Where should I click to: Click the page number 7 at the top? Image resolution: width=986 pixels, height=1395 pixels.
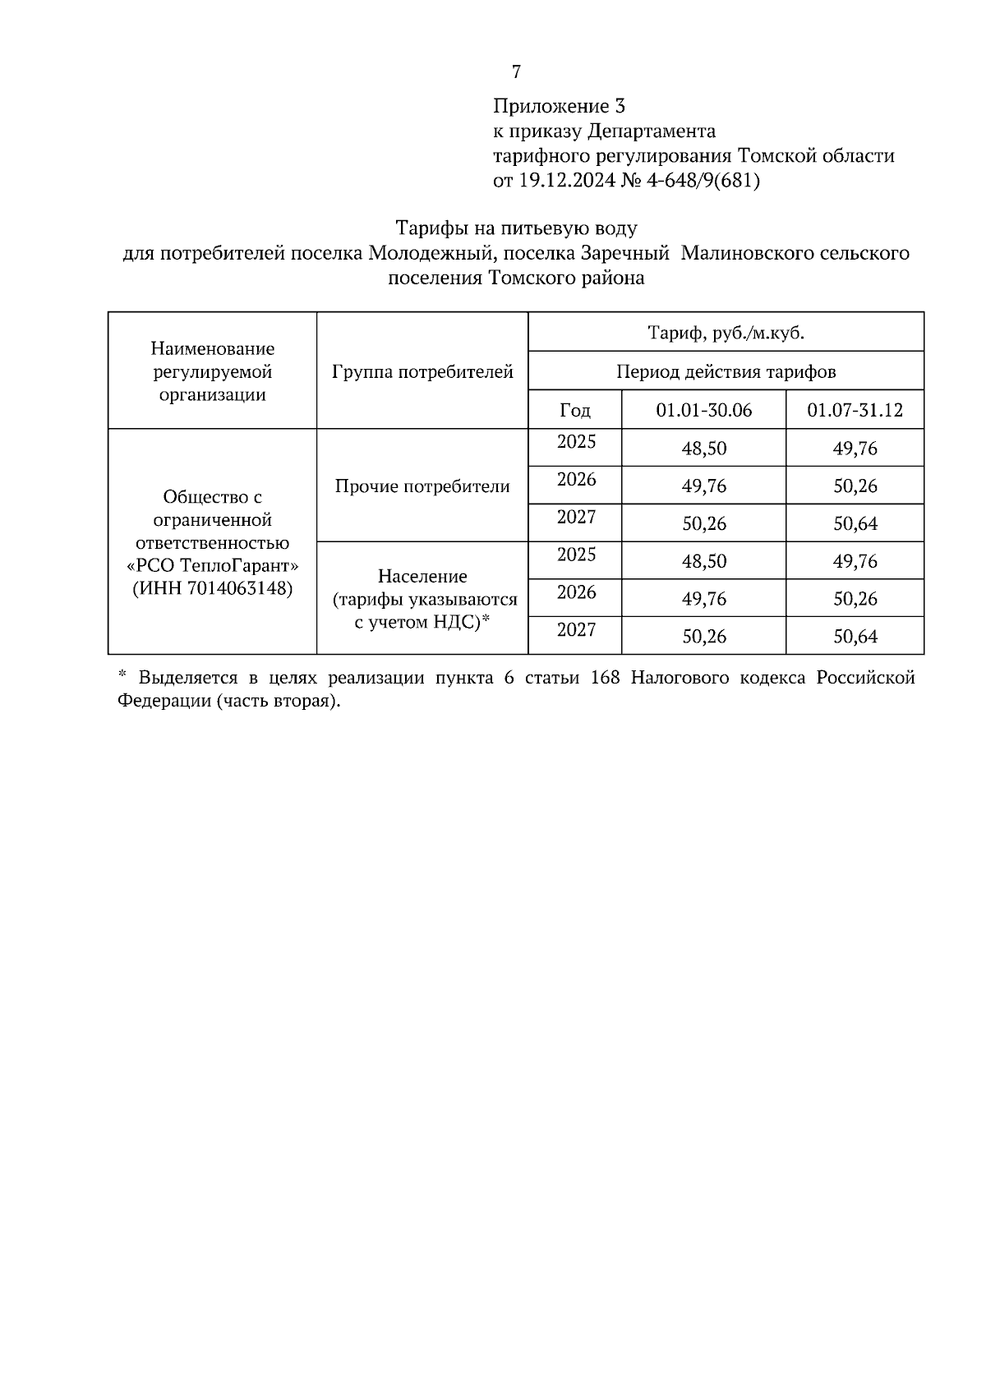coord(516,72)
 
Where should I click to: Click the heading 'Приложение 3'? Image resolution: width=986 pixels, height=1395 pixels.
coord(559,106)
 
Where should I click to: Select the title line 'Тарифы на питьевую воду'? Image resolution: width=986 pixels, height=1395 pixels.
coord(516,228)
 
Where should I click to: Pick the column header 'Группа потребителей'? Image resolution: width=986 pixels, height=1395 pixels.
coord(422,371)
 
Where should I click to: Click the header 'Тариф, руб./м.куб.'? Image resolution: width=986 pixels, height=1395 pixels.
coord(726,333)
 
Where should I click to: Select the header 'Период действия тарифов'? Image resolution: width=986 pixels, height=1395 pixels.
coord(726,371)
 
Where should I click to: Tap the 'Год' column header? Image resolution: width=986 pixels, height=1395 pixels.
coord(575,410)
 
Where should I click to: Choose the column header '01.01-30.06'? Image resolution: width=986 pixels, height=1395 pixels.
coord(703,410)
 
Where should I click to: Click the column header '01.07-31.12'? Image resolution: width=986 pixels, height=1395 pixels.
coord(855,410)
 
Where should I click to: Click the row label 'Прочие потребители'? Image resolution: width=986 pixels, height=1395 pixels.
coord(422,486)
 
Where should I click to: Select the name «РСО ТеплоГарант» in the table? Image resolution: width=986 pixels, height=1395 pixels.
coord(213,566)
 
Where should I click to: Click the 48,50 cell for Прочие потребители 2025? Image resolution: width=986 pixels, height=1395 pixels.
coord(703,449)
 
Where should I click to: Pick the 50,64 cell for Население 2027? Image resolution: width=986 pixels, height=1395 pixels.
coord(855,637)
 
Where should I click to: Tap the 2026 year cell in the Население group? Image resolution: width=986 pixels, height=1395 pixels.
coord(576,592)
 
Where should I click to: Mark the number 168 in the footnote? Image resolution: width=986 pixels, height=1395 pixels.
coord(606,678)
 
